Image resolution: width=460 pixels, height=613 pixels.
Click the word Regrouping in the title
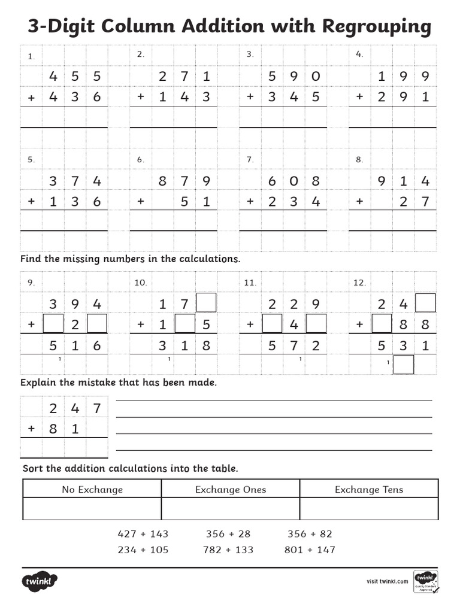376,26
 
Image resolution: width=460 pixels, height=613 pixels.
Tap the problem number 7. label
250,160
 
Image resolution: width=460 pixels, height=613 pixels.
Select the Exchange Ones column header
231,489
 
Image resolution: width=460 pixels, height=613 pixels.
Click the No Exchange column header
92,489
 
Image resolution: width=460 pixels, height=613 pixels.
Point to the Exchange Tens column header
369,489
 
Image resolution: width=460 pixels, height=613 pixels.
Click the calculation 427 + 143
143,533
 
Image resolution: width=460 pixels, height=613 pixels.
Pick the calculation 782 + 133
228,550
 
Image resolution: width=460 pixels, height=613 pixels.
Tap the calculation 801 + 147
310,550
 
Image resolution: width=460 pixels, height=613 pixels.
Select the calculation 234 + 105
143,550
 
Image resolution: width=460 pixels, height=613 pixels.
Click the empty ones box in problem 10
206,303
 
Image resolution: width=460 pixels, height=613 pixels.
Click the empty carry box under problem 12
404,364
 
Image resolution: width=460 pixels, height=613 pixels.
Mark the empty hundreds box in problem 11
272,324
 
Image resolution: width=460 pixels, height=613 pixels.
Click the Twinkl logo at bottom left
40,581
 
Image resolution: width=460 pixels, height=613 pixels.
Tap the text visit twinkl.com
387,581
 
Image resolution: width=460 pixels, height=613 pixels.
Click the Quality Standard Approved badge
425,581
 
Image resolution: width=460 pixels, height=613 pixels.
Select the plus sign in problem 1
31,97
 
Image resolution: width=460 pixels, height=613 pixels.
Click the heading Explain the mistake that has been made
119,383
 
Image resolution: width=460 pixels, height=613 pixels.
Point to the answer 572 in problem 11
293,345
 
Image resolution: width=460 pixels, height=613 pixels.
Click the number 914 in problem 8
403,181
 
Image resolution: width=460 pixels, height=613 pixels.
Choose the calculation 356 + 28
228,533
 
